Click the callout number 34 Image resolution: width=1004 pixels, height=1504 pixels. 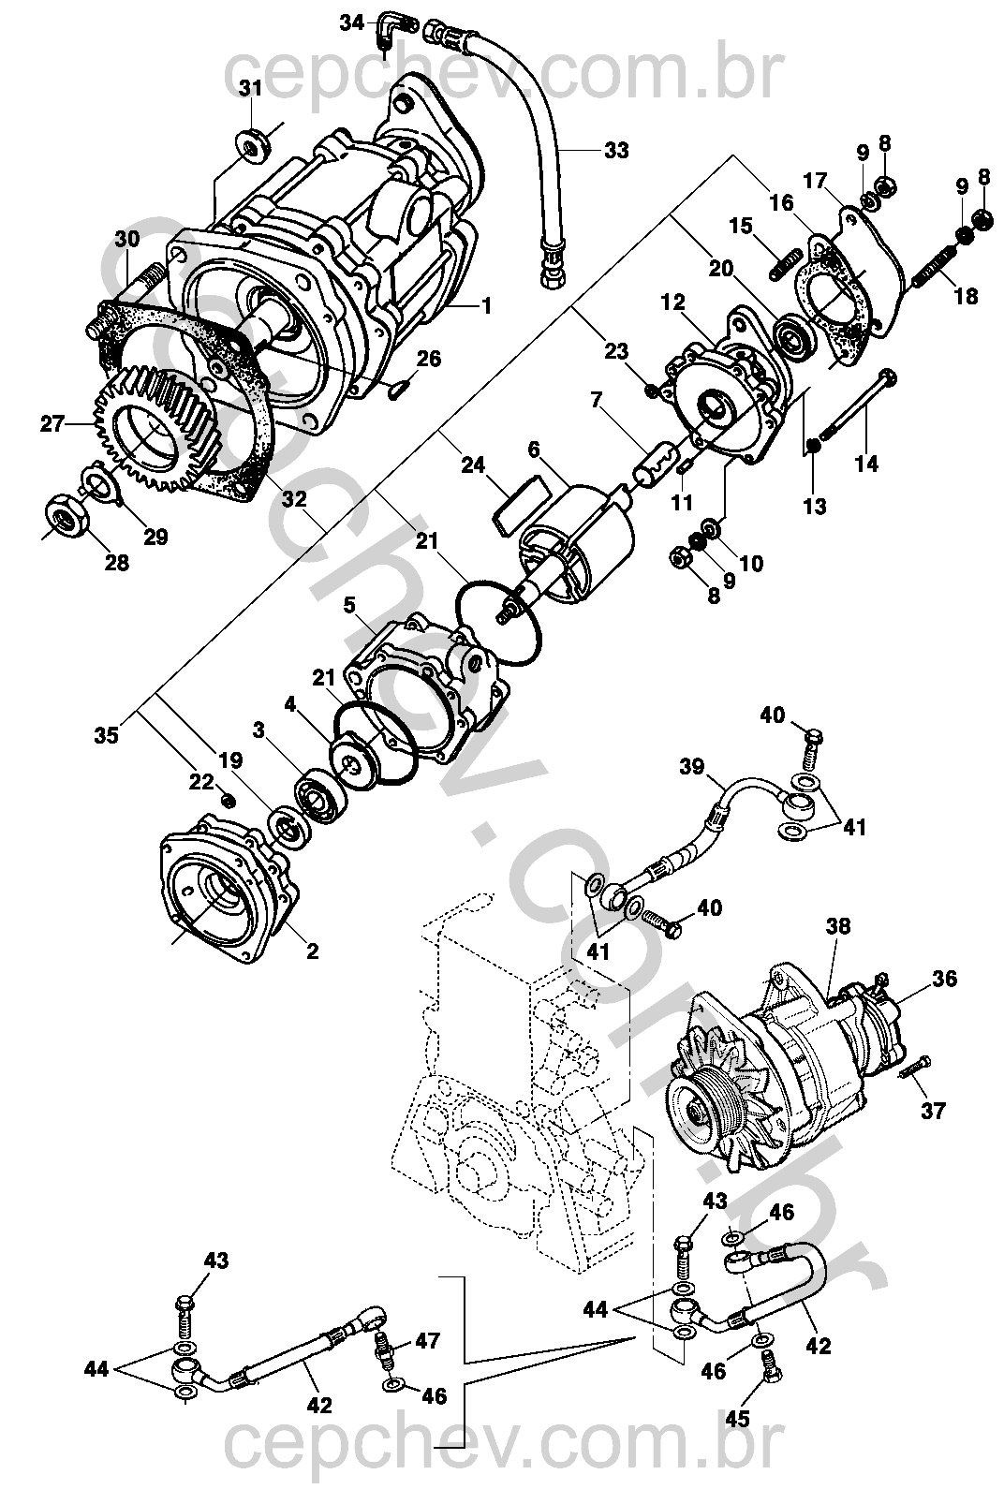click(351, 22)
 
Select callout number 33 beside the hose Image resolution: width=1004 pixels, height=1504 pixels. click(615, 150)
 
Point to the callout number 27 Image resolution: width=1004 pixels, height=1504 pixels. click(52, 424)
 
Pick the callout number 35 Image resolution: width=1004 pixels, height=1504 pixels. click(106, 735)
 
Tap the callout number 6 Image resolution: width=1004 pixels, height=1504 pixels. click(534, 450)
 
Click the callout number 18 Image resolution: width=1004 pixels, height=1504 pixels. click(966, 297)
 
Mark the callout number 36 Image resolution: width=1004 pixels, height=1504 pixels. click(944, 979)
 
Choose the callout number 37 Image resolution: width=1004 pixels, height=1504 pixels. click(933, 1112)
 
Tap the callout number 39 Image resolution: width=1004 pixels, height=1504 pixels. click(691, 767)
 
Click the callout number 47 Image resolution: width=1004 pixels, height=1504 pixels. click(427, 1341)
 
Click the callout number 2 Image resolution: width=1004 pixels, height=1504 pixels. click(312, 951)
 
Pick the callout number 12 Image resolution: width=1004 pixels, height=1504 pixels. click(672, 302)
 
